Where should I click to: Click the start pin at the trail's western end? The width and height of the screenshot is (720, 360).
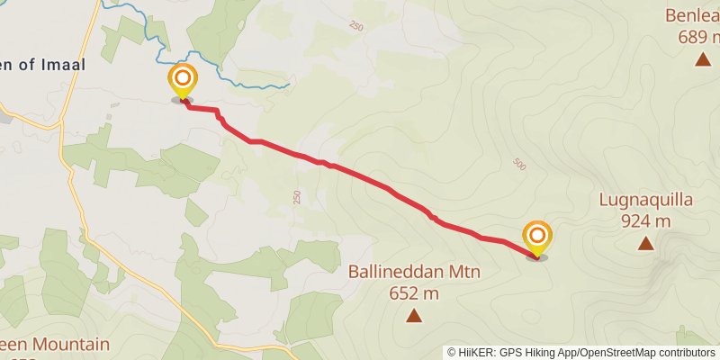[183, 80]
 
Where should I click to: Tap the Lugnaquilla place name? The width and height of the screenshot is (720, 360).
[645, 200]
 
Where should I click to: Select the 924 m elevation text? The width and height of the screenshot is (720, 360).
[645, 220]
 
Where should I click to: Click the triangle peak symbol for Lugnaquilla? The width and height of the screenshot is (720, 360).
[645, 243]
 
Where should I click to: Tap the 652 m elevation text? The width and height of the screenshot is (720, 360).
[415, 293]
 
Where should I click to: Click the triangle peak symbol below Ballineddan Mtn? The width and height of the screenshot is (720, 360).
[414, 315]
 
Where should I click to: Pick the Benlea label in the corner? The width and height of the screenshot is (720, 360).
[693, 15]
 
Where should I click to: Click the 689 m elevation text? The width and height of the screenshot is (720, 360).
[699, 37]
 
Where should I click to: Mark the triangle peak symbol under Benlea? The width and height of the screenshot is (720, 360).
[702, 59]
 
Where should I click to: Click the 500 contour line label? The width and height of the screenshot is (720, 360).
[518, 164]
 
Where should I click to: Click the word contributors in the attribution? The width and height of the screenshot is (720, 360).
[685, 353]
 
